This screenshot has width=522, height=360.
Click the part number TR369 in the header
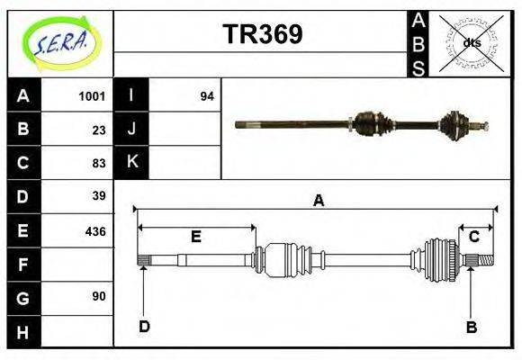[x=262, y=34]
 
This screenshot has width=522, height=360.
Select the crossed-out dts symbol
[x=471, y=42]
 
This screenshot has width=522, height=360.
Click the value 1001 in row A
[x=92, y=96]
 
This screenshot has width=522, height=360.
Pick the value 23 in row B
[x=99, y=130]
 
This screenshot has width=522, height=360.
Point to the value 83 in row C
[x=99, y=163]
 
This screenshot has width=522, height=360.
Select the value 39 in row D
[x=99, y=196]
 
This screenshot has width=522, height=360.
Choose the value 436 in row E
[x=94, y=230]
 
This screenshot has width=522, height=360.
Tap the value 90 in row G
[x=99, y=296]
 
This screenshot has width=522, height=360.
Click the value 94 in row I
[x=206, y=96]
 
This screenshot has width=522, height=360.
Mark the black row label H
[x=23, y=331]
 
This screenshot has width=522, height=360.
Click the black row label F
[x=23, y=265]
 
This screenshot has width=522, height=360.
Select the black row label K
[x=132, y=163]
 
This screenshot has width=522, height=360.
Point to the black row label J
[x=132, y=130]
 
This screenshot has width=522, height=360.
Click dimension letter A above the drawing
[x=318, y=202]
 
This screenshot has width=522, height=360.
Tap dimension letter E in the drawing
[x=195, y=237]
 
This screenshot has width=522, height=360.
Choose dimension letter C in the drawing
[x=473, y=237]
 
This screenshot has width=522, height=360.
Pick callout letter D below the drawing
[x=144, y=327]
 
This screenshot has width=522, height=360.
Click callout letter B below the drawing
[x=471, y=327]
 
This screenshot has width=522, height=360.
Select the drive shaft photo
[x=360, y=123]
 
